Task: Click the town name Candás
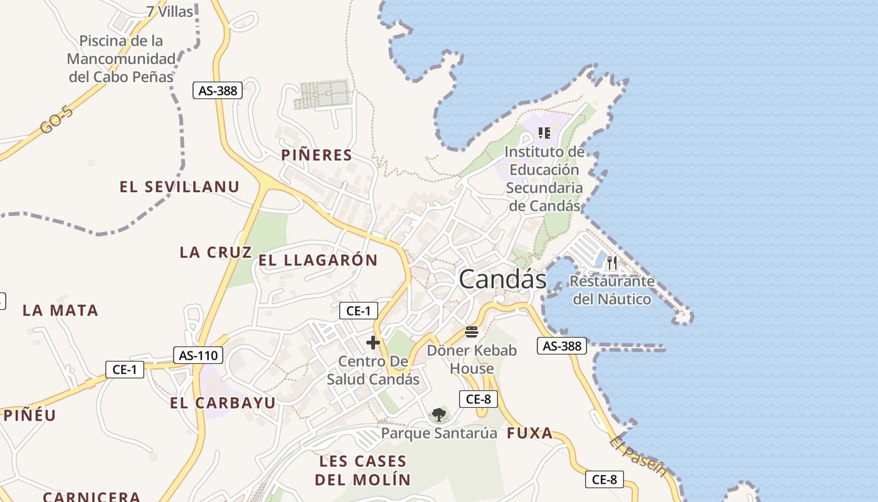(x=502, y=279)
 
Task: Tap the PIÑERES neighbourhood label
(x=317, y=155)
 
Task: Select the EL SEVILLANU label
(x=179, y=186)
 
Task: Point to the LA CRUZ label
(x=216, y=252)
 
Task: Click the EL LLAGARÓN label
(x=318, y=260)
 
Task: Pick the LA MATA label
(x=60, y=310)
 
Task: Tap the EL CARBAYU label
(x=223, y=403)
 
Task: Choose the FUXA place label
(x=530, y=433)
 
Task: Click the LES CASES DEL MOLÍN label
(x=363, y=471)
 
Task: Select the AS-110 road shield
(x=198, y=355)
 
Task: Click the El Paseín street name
(x=637, y=456)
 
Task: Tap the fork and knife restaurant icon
(x=612, y=262)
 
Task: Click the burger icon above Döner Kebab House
(x=472, y=332)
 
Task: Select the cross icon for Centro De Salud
(x=373, y=343)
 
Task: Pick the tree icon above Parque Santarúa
(x=439, y=414)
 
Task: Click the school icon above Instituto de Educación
(x=544, y=133)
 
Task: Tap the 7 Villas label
(x=169, y=11)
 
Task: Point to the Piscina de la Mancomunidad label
(x=121, y=59)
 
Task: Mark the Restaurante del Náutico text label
(x=612, y=291)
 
